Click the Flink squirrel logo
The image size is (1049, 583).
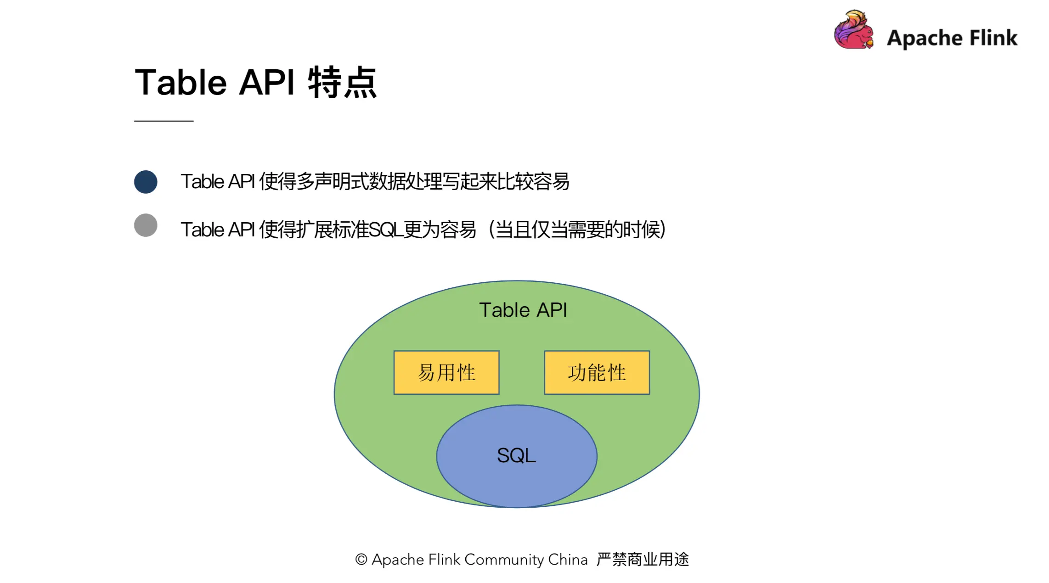coord(853,30)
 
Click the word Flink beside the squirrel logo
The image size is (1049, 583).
coord(993,38)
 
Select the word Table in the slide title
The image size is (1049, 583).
coord(181,83)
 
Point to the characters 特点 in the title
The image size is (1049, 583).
coord(342,83)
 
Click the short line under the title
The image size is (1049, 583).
coord(164,121)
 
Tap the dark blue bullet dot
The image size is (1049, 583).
coord(146,182)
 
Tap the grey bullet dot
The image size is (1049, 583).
coord(146,225)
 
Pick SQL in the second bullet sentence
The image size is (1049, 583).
coord(386,230)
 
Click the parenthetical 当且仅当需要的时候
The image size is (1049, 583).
coord(577,230)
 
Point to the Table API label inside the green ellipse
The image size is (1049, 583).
coord(523,310)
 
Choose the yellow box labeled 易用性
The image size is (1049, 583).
coord(446,373)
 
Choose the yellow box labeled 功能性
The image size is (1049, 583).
coord(597,373)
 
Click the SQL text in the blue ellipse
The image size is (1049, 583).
coord(516,455)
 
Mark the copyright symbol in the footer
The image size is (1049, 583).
coord(361,560)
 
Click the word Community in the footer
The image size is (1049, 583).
coord(504,560)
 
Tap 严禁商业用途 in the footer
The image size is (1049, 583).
coord(643,560)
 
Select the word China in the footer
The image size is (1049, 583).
coord(568,560)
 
